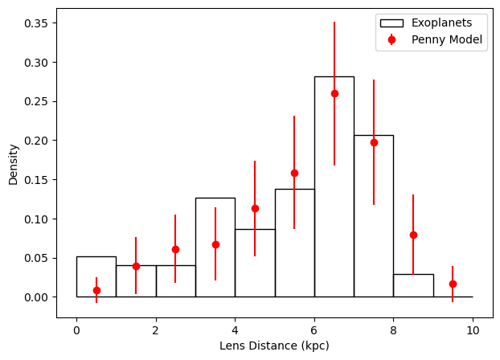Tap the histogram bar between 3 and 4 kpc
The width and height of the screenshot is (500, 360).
[x=215, y=265]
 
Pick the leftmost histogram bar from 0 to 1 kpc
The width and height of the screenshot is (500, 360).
[x=96, y=277]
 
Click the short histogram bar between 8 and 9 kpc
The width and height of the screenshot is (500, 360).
[x=412, y=286]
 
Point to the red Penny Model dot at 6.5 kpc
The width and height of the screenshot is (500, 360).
[x=334, y=93]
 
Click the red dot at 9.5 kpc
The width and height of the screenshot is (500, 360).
[x=453, y=284]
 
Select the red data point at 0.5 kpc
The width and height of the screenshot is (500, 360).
[x=96, y=290]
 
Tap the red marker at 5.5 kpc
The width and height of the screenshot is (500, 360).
[x=294, y=173]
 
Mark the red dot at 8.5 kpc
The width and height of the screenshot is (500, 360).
[x=413, y=235]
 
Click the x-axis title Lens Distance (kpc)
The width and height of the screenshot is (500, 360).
[x=274, y=346]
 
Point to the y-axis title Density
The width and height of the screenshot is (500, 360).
[x=14, y=164]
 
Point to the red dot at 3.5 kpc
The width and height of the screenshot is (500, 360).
[x=215, y=244]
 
